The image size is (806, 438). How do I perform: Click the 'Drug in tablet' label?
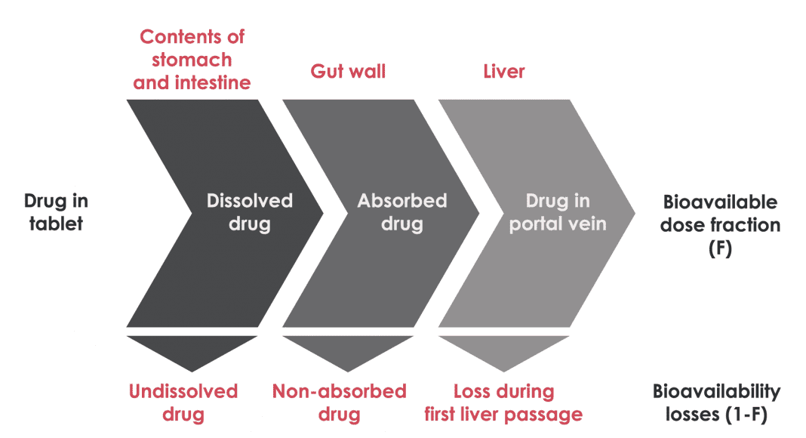pyautogui.click(x=56, y=212)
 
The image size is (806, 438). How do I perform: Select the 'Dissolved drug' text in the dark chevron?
pyautogui.click(x=249, y=212)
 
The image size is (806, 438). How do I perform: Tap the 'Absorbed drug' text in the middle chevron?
pyautogui.click(x=401, y=212)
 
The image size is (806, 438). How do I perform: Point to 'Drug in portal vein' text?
pyautogui.click(x=558, y=212)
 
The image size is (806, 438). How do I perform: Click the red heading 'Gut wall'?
pyautogui.click(x=348, y=72)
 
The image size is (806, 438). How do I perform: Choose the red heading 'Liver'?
pyautogui.click(x=503, y=72)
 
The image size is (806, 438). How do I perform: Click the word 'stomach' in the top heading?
pyautogui.click(x=192, y=60)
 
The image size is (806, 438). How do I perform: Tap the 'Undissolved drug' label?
pyautogui.click(x=183, y=403)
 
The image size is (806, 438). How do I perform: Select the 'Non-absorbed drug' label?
pyautogui.click(x=339, y=403)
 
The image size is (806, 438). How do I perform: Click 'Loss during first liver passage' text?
pyautogui.click(x=503, y=403)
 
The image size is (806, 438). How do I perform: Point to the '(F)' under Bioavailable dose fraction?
pyautogui.click(x=720, y=248)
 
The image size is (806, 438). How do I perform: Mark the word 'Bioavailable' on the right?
pyautogui.click(x=720, y=202)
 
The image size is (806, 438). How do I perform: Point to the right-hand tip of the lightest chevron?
pyautogui.click(x=632, y=213)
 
